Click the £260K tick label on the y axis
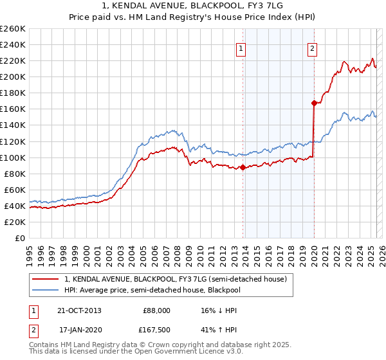(13, 28)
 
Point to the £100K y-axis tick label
(13, 157)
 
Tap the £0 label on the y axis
(19, 238)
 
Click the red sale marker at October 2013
(243, 167)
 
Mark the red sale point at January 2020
(314, 103)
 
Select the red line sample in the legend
(46, 279)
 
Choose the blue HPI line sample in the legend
(46, 290)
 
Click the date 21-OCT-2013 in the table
(79, 310)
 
